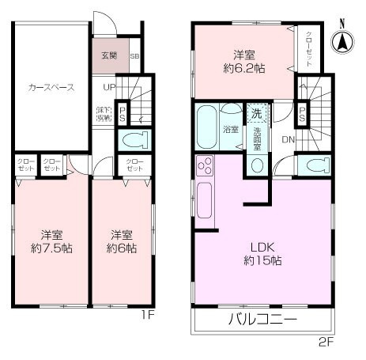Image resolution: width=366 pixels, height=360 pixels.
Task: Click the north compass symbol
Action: point(345,40)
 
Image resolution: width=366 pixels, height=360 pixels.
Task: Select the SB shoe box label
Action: point(134,57)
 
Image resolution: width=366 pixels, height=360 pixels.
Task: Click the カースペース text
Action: point(51,88)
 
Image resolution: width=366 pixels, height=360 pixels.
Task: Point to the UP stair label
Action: point(109,86)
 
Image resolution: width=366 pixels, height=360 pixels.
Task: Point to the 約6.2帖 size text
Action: point(243,68)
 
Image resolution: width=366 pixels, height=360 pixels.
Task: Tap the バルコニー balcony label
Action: point(262,320)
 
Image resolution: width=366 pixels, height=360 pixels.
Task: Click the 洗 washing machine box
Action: point(256,112)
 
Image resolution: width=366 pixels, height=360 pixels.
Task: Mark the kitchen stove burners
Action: point(204,167)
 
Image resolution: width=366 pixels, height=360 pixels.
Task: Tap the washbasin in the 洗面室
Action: point(256,165)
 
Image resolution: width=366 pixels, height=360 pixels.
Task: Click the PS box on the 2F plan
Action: point(304,116)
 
